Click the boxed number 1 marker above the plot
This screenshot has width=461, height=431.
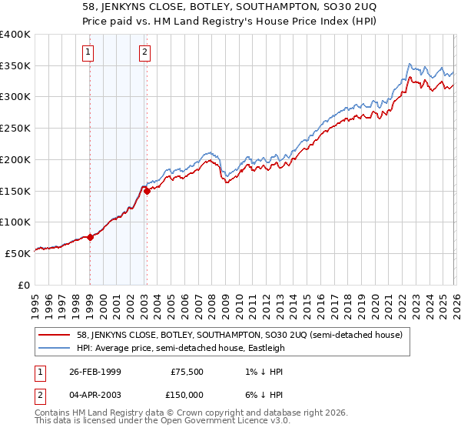(x=89, y=52)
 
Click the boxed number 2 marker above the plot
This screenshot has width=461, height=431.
(x=145, y=52)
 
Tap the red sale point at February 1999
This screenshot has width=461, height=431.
(x=90, y=237)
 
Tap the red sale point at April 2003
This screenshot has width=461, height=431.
(x=146, y=191)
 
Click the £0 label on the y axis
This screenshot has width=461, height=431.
(x=24, y=284)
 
